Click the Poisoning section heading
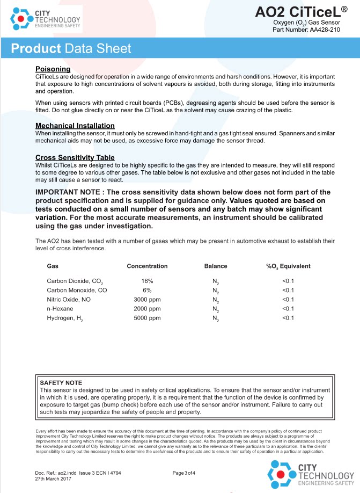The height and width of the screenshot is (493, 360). coord(53,69)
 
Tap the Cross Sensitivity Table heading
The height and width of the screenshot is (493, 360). coord(75,157)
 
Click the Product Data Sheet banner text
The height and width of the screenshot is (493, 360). coord(71,49)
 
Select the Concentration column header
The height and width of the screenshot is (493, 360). coord(147,266)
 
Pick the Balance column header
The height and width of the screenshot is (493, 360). coord(216,266)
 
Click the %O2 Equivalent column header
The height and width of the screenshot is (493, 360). coord(288,266)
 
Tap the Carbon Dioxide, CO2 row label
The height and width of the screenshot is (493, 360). coord(75,281)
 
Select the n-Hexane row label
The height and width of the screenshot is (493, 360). coord(60,309)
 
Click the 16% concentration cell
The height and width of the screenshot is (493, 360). coord(147,281)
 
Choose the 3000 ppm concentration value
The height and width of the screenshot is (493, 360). coord(147,299)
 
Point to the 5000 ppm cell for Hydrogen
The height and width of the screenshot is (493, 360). coord(147,318)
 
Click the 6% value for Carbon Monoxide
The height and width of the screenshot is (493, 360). coord(147,290)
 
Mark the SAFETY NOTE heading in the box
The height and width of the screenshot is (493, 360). coord(61,382)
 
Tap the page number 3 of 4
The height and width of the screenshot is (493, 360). coord(183,473)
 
